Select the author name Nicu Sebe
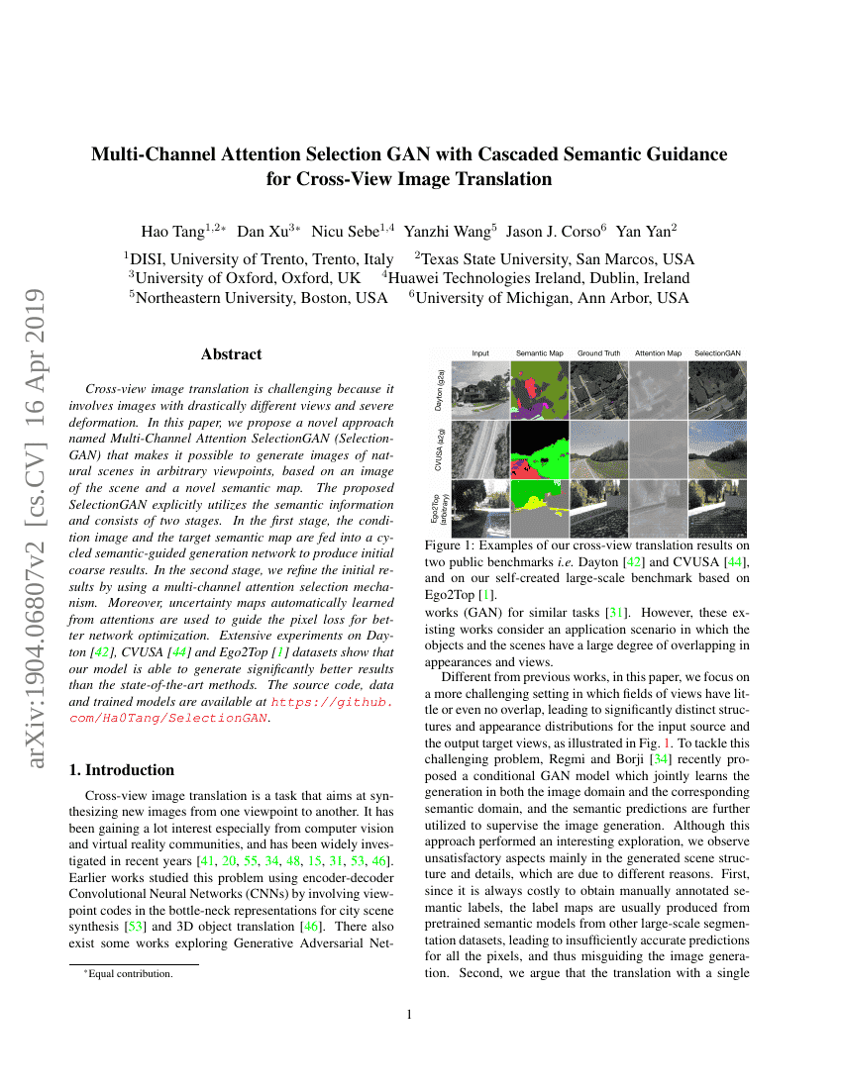tap(341, 232)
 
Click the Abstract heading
tap(231, 354)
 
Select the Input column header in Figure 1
tap(480, 353)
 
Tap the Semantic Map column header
tap(539, 353)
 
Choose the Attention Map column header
tap(658, 353)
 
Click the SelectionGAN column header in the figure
tap(718, 353)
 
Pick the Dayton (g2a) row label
tap(440, 389)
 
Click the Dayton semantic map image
tap(539, 389)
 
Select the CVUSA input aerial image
tap(480, 448)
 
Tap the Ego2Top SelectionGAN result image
tap(718, 508)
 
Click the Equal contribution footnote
tap(130, 974)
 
